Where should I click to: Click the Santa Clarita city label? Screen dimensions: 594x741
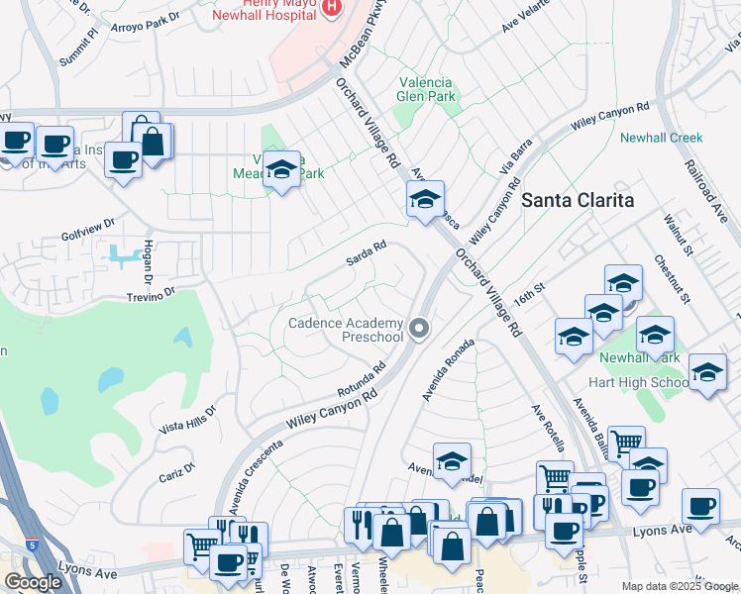[x=578, y=199]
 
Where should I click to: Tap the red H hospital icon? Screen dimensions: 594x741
[x=332, y=8]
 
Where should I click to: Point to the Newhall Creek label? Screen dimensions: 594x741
[x=661, y=138]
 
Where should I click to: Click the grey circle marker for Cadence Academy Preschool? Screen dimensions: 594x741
[x=420, y=329]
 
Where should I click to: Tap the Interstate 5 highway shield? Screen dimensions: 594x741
[x=33, y=544]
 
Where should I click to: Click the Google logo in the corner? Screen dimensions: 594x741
[x=33, y=581]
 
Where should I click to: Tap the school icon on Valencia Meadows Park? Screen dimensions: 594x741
[x=282, y=170]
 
